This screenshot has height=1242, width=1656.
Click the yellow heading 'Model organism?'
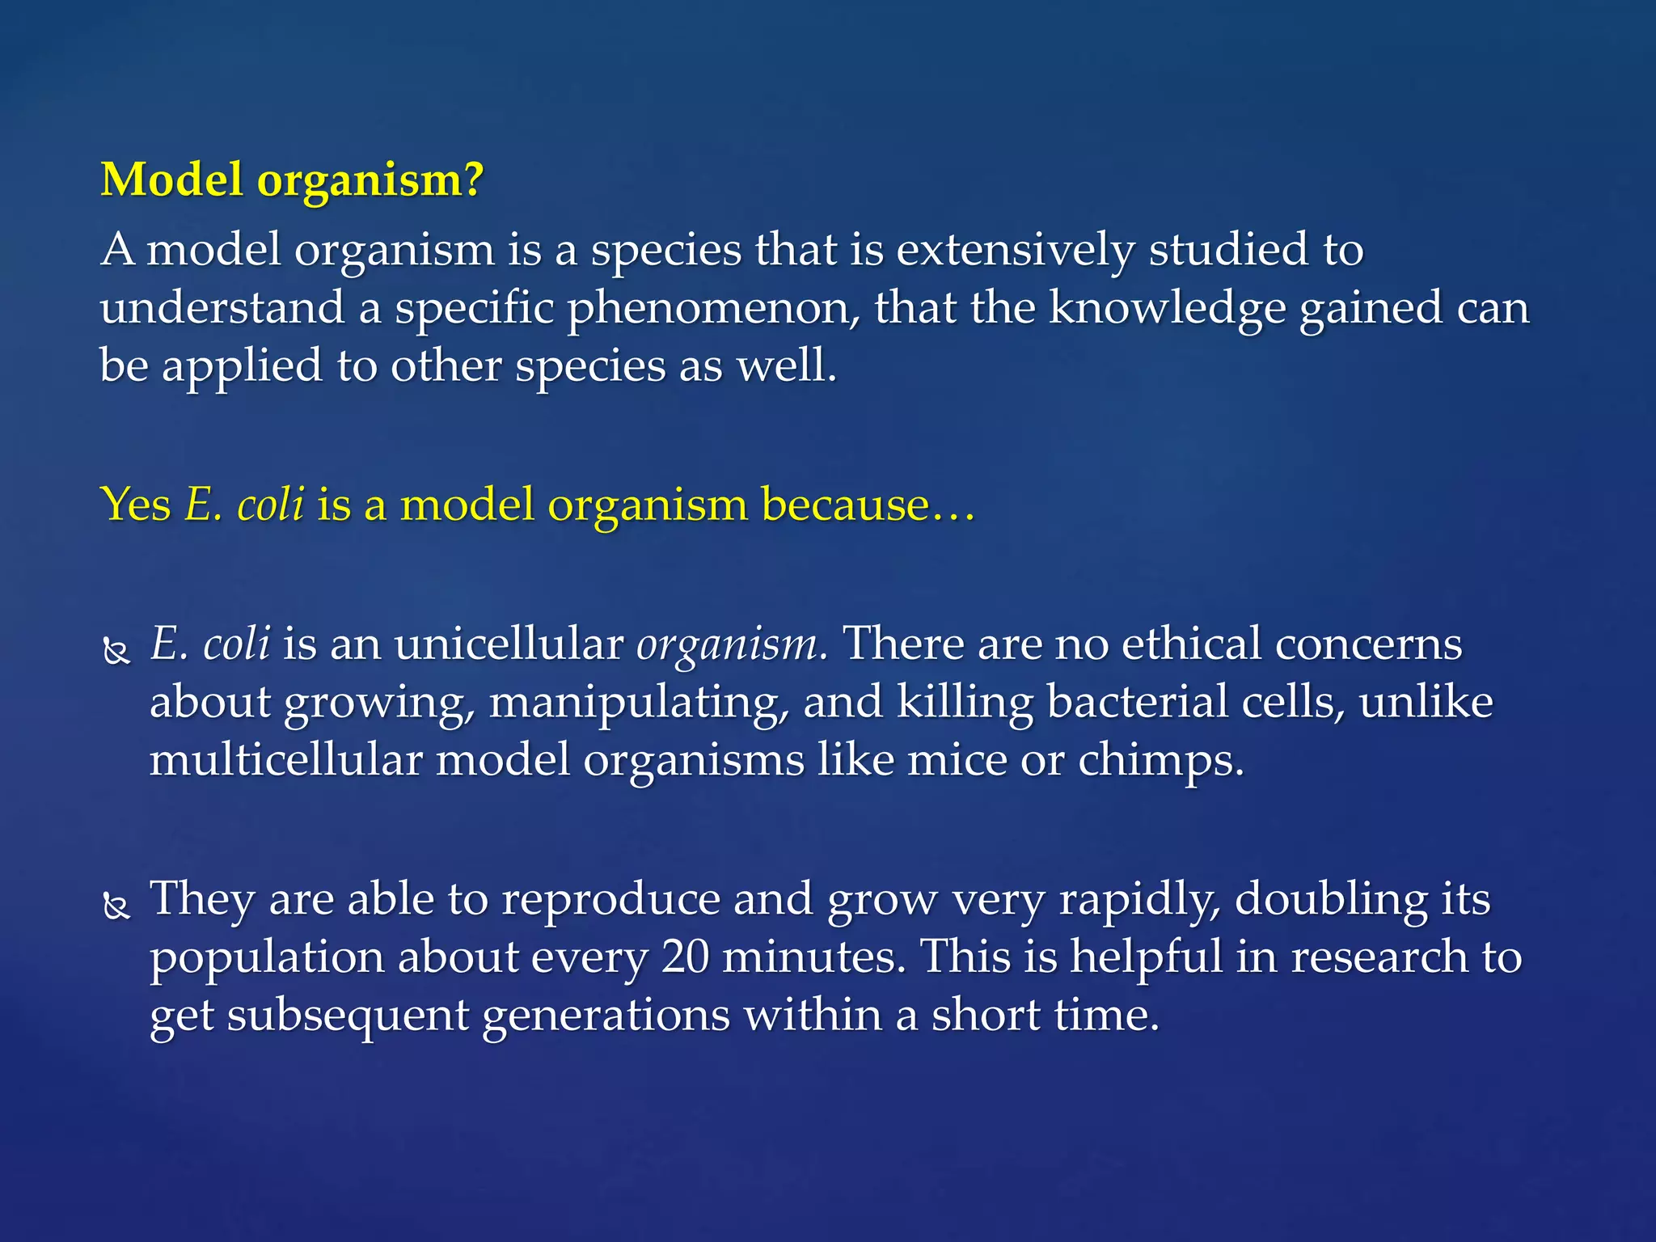point(291,180)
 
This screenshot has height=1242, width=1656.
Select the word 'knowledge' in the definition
point(1167,309)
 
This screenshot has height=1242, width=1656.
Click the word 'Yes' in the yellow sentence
point(135,505)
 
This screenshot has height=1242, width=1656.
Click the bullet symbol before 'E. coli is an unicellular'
point(117,651)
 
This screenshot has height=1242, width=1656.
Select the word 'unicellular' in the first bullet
point(509,644)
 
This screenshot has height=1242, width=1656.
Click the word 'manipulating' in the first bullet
point(639,703)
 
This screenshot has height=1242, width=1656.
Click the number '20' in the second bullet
point(685,957)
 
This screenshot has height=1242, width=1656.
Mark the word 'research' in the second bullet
point(1379,957)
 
